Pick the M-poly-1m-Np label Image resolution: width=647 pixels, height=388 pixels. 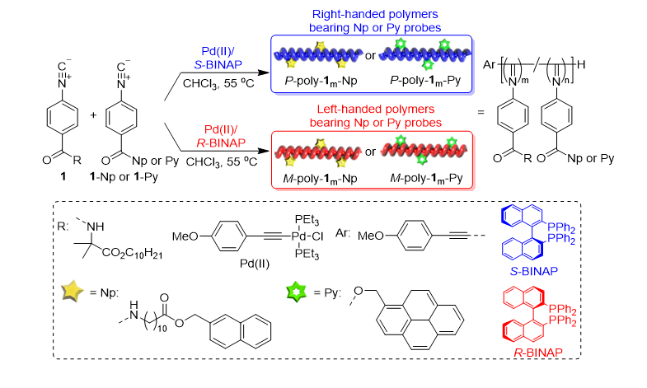(317, 180)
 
